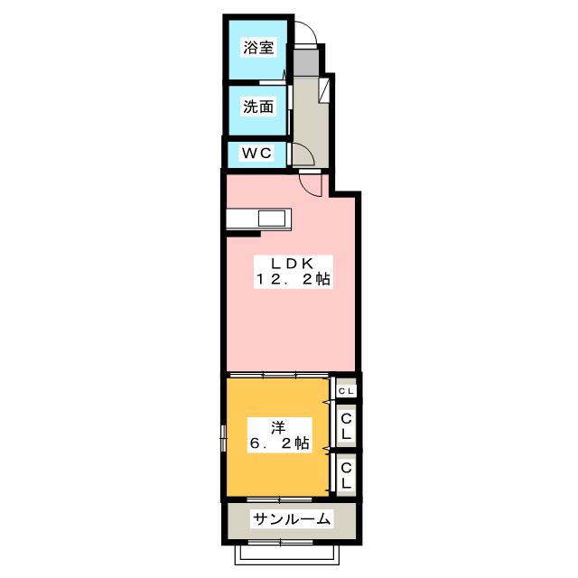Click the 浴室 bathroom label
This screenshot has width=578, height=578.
(x=258, y=48)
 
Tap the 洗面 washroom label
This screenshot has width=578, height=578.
(x=257, y=107)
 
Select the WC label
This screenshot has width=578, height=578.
(x=255, y=154)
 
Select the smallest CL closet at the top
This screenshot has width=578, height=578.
(x=346, y=390)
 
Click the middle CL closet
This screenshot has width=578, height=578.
(x=346, y=425)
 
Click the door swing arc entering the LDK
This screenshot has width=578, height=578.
(x=311, y=183)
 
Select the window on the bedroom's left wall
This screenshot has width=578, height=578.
(x=223, y=437)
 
